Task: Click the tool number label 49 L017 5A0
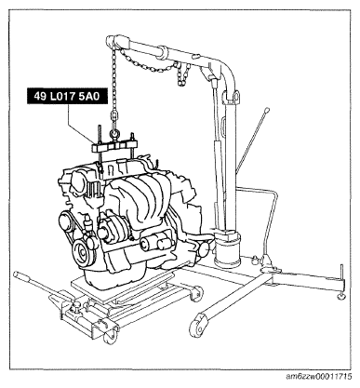pos(66,97)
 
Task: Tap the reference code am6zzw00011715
pos(319,377)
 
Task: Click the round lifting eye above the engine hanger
pos(114,135)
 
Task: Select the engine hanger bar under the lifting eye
pos(115,146)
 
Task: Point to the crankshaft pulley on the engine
pos(83,253)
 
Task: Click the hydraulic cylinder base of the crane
pos(227,248)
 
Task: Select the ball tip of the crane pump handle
pos(266,110)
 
